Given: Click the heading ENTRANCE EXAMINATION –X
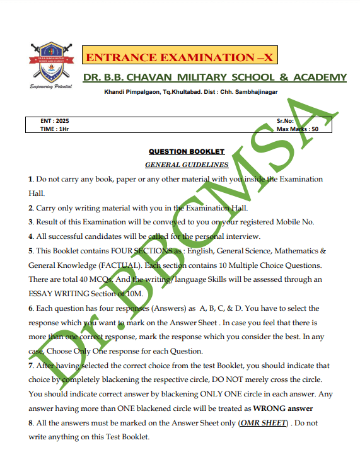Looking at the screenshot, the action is pyautogui.click(x=180, y=58).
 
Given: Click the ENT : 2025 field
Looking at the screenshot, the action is pyautogui.click(x=55, y=120).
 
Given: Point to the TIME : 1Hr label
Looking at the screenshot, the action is pyautogui.click(x=55, y=129).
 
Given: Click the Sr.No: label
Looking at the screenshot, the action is pyautogui.click(x=286, y=120).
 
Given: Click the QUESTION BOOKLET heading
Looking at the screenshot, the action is pyautogui.click(x=187, y=151).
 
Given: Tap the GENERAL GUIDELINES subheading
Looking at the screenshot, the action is pyautogui.click(x=187, y=165).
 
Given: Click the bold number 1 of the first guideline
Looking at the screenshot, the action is pyautogui.click(x=30, y=179).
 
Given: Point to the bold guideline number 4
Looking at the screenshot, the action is pyautogui.click(x=30, y=236).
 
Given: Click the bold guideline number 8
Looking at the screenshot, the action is pyautogui.click(x=30, y=423).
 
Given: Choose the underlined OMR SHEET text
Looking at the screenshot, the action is pyautogui.click(x=262, y=423).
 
